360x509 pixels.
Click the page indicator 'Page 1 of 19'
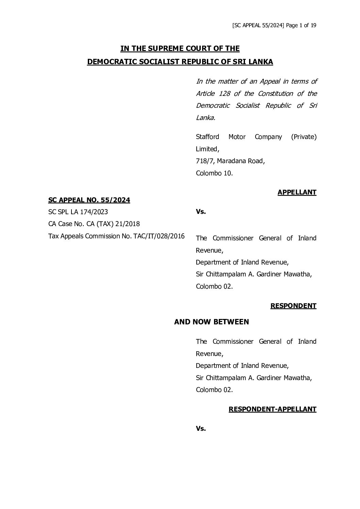[301, 26]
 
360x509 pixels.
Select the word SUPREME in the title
[164, 49]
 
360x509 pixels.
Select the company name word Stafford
[207, 137]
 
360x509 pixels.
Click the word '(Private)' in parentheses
[304, 137]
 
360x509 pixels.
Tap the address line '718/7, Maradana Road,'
[230, 161]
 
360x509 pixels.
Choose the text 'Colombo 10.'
[214, 173]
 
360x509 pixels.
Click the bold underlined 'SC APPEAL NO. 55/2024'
[89, 200]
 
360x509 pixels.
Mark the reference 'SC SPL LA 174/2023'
[78, 212]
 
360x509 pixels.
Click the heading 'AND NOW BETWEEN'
[211, 322]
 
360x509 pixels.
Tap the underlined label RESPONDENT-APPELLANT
[272, 409]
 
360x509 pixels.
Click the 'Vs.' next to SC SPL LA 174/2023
[201, 211]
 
